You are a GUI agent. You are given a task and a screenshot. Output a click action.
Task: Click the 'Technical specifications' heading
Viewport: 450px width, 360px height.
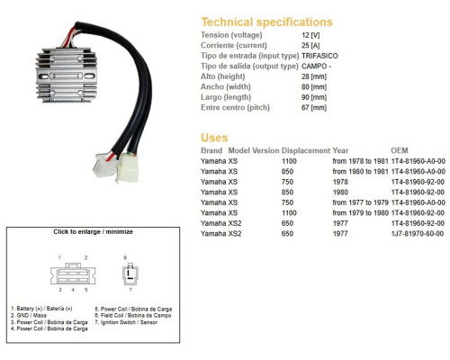(x=266, y=22)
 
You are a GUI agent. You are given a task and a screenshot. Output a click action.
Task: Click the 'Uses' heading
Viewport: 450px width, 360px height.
(x=214, y=138)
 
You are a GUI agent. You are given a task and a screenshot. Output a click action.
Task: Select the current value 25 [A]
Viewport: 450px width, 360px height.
(x=310, y=46)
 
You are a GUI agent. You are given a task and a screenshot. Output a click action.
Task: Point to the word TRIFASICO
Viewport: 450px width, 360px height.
(x=319, y=56)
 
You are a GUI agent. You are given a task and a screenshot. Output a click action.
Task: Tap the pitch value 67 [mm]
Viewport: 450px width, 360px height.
(x=314, y=107)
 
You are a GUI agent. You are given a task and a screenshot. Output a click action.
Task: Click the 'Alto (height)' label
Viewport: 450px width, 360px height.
(x=223, y=76)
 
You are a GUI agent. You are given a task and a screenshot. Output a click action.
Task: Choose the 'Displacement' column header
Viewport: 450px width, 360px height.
(x=306, y=150)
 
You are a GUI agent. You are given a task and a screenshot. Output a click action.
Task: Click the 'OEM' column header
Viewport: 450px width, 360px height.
(x=400, y=150)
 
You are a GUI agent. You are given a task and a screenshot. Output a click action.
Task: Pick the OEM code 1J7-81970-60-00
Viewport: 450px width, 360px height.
(x=418, y=233)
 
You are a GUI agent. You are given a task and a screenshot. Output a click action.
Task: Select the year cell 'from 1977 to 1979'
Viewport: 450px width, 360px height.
(x=360, y=202)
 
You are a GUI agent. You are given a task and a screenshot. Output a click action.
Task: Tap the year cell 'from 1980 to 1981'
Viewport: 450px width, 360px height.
(x=360, y=171)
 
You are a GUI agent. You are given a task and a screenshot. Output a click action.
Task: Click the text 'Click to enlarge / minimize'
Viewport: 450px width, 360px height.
(x=93, y=231)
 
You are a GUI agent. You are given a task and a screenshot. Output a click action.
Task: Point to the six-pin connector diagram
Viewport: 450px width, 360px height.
(x=73, y=274)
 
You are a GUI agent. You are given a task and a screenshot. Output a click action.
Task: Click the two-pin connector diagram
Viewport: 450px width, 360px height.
(x=130, y=274)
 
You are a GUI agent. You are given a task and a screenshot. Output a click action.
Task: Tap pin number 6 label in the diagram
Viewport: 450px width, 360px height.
(x=125, y=257)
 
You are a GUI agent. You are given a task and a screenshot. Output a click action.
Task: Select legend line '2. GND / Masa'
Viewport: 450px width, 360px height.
(x=29, y=315)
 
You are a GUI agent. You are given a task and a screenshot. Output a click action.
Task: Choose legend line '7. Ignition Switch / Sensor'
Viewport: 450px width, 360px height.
(x=126, y=322)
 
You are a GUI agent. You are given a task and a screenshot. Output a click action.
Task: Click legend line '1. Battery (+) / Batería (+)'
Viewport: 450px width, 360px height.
(x=41, y=309)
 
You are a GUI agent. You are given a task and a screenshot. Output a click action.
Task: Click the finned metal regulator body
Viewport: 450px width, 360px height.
(x=67, y=75)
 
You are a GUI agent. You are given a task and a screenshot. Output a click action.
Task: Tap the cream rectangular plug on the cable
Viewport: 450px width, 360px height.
(x=128, y=167)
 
